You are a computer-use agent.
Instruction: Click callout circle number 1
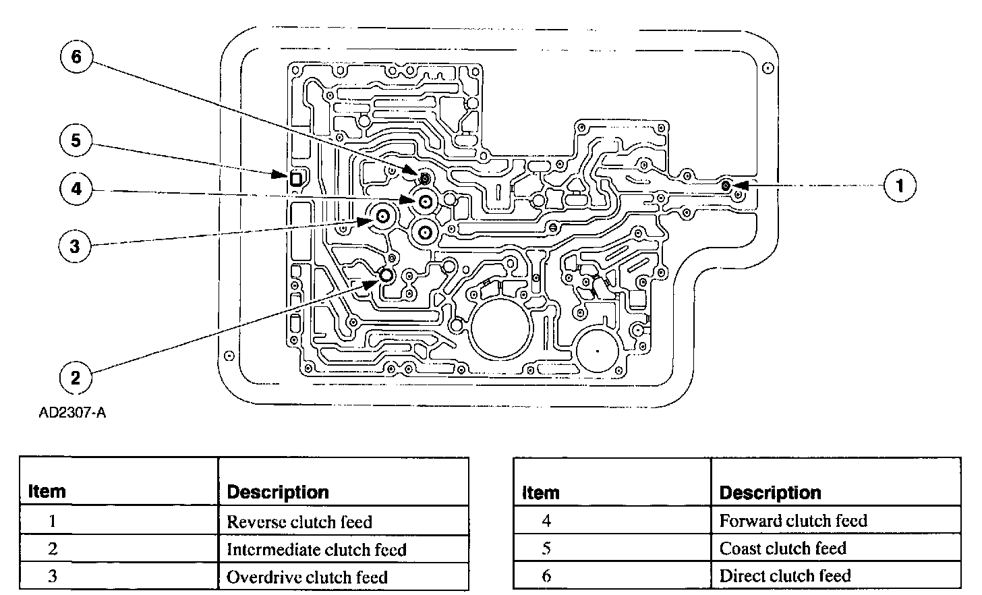[900, 185]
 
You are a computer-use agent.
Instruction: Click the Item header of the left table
[47, 491]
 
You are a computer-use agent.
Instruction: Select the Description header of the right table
[770, 492]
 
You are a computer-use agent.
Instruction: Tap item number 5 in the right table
[546, 548]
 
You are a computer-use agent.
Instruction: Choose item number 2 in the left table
[53, 549]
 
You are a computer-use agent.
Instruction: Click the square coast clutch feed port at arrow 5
[296, 179]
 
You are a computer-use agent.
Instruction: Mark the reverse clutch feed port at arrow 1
[725, 185]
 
